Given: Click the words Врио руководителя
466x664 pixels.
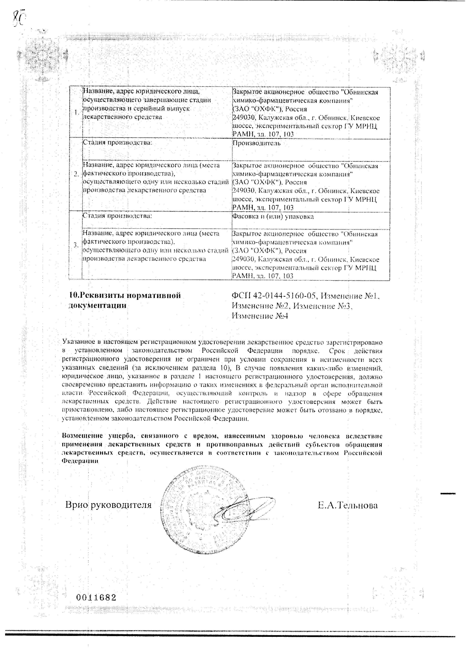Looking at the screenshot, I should tap(108, 505).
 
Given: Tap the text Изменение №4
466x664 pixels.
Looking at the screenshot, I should tap(260, 316).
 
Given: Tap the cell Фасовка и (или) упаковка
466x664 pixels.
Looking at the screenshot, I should tap(273, 217).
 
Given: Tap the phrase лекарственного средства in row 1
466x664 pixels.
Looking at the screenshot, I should tap(122, 117).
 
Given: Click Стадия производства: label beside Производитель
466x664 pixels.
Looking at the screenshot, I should tap(117, 143).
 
